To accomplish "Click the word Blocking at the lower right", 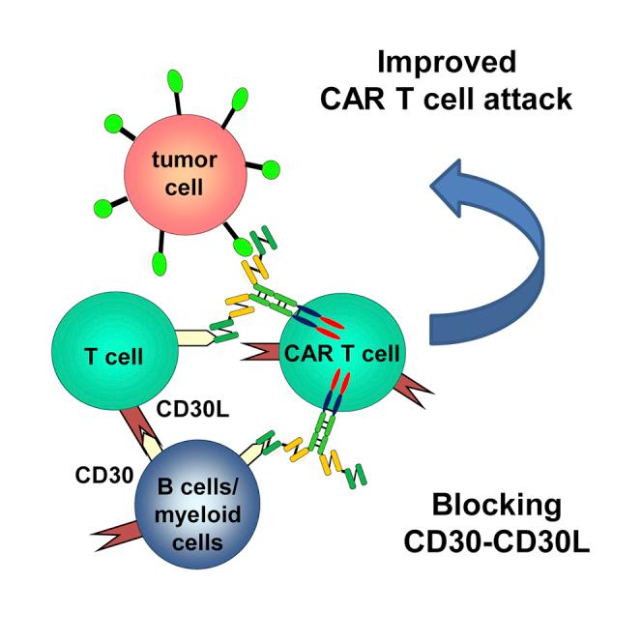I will (496, 504).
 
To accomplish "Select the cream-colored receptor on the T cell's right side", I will (195, 337).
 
